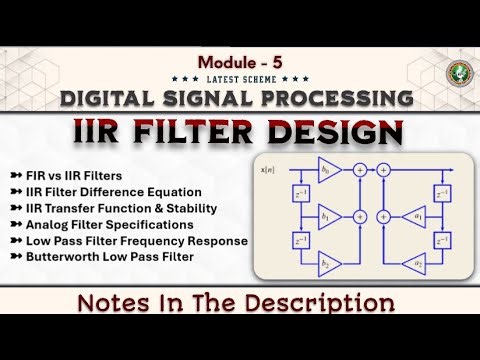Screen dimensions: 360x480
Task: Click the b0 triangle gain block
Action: tap(327, 171)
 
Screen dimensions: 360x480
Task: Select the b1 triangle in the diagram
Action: tap(327, 215)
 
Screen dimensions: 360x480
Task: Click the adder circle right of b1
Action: tap(359, 215)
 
